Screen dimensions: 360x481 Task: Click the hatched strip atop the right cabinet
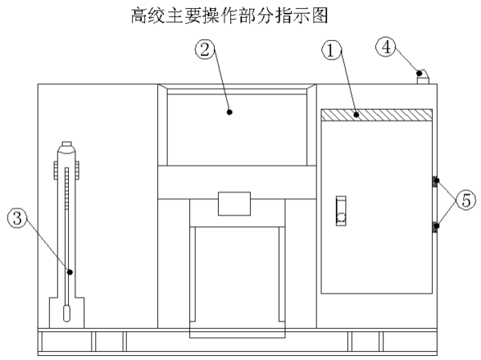pyautogui.click(x=376, y=115)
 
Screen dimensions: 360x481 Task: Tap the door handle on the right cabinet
pyautogui.click(x=340, y=210)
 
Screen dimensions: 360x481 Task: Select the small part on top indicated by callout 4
pyautogui.click(x=421, y=76)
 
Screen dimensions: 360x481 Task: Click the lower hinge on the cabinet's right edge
pyautogui.click(x=435, y=227)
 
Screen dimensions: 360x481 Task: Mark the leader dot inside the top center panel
pyautogui.click(x=230, y=112)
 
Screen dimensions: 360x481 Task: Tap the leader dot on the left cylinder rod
pyautogui.click(x=71, y=272)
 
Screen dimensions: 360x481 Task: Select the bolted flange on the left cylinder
pyautogui.click(x=68, y=171)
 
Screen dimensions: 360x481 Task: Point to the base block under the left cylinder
pyautogui.click(x=68, y=313)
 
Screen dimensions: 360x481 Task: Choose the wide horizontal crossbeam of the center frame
pyautogui.click(x=236, y=183)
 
